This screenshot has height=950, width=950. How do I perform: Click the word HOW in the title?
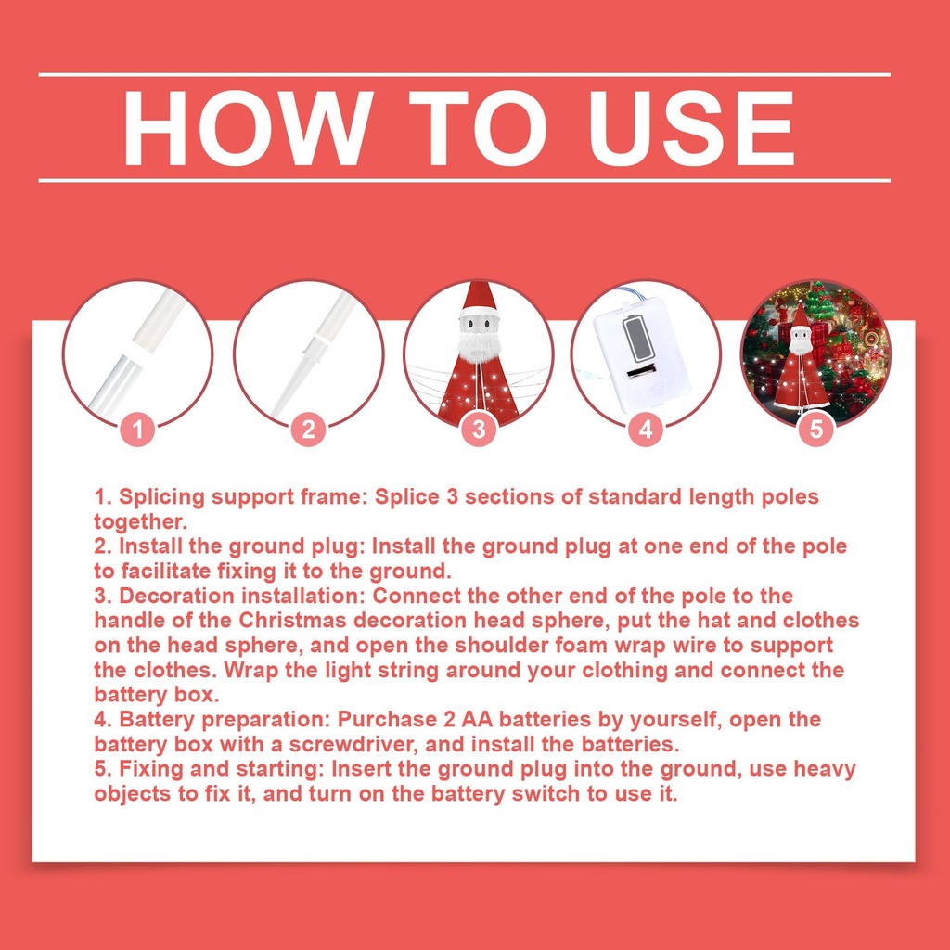tap(248, 128)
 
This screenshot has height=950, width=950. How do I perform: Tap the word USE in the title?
tap(690, 128)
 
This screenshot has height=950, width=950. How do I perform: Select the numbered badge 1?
tap(137, 429)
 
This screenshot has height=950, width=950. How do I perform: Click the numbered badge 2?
tap(308, 429)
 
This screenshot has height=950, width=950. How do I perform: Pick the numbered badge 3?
tap(479, 429)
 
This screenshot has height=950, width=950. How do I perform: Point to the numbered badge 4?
tap(646, 429)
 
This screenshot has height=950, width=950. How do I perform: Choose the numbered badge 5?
tap(816, 429)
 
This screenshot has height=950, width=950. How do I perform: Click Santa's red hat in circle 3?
tap(479, 299)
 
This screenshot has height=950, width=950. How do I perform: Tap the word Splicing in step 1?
tap(162, 497)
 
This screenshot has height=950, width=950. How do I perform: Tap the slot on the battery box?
tap(642, 370)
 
